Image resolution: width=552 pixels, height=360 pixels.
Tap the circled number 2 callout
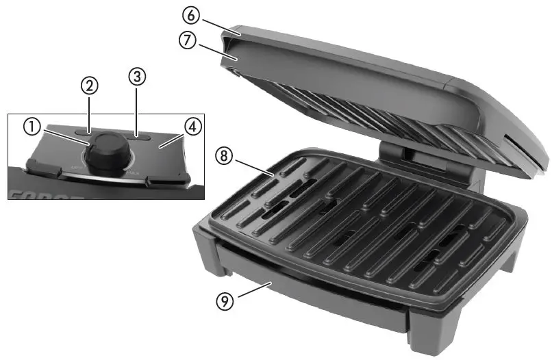[89, 86]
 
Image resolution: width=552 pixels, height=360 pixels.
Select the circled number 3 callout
[136, 77]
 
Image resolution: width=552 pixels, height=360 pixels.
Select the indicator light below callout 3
[142, 137]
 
